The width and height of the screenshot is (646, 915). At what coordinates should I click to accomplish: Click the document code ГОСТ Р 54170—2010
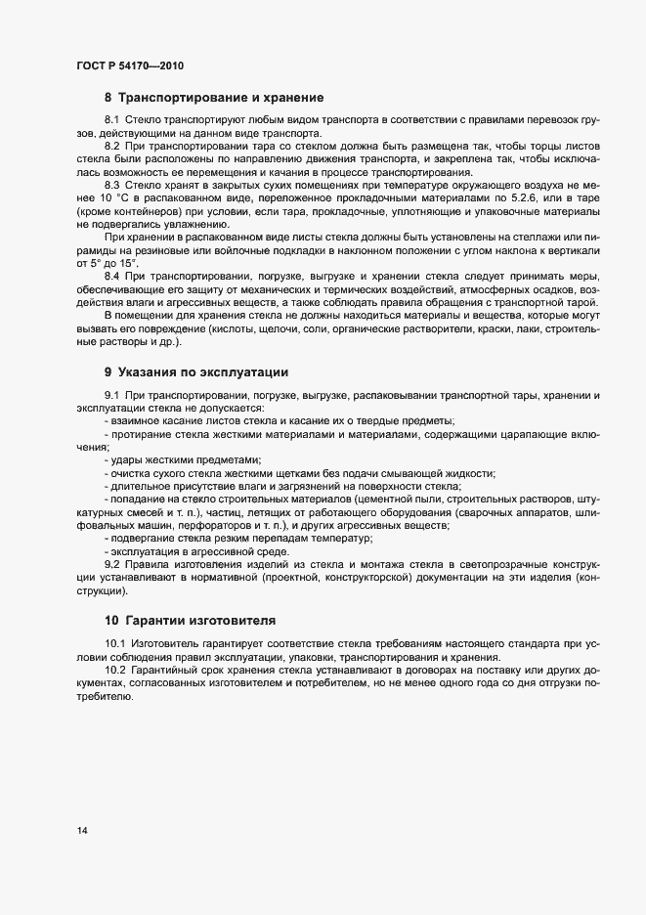[129, 66]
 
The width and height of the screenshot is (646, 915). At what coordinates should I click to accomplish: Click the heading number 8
[108, 98]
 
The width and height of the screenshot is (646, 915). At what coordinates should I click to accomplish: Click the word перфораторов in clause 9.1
[202, 526]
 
